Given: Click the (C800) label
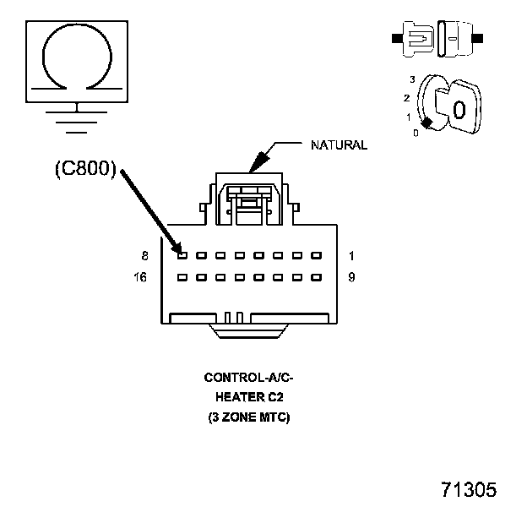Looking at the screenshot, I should tap(84, 168).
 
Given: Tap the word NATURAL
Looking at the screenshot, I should tap(340, 145).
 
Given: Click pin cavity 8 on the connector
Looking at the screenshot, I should tap(182, 254).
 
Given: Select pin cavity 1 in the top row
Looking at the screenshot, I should tap(317, 254).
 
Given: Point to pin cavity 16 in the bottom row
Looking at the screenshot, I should tap(182, 276).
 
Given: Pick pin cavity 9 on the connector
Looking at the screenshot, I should tap(317, 276).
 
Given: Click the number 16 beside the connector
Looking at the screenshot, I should tap(142, 276).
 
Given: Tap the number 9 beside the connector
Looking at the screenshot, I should tap(351, 276).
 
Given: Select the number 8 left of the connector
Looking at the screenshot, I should tap(145, 254).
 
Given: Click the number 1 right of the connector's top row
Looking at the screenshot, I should tap(351, 254).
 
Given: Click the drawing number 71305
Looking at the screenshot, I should tap(468, 490).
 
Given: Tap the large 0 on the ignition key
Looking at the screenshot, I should tap(459, 110).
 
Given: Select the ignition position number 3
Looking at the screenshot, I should tap(411, 79).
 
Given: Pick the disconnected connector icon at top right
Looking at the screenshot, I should tap(437, 38).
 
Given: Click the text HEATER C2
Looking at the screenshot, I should tap(248, 397).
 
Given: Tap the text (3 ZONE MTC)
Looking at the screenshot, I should tap(248, 417).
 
